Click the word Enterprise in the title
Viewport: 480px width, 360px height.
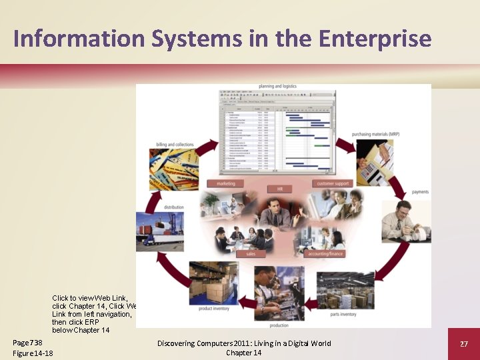375,39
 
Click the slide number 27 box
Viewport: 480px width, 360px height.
464,343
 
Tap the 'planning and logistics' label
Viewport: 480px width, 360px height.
277,87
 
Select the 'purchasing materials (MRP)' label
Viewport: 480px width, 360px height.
375,134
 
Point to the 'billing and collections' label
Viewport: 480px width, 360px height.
175,145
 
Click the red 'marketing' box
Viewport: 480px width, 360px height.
226,183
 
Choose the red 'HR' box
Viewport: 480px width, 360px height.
280,189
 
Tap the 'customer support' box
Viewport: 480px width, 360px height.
333,183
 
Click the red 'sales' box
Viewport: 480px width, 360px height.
251,254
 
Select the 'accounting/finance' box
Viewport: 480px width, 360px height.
326,254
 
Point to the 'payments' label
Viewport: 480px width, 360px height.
420,192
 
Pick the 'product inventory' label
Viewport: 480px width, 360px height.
215,309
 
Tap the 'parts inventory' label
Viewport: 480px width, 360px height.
343,314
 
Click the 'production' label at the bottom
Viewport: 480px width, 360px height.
279,325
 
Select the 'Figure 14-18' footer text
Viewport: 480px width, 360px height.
33,353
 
